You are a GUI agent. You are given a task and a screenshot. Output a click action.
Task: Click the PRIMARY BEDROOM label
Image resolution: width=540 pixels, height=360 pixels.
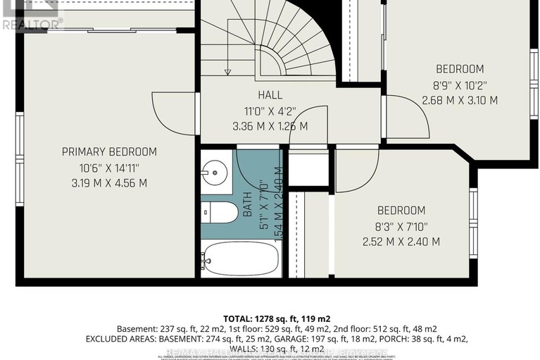[x=109, y=151]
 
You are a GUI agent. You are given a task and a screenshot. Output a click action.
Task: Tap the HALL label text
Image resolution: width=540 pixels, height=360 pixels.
[x=270, y=95]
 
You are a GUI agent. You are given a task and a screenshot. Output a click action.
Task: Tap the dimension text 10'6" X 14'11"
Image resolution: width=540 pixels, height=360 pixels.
[x=109, y=167]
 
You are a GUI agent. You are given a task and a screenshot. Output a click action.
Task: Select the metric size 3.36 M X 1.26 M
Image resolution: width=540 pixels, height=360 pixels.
[x=270, y=126]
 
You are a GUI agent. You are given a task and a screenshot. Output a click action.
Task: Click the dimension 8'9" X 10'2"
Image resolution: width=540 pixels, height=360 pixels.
[x=459, y=85]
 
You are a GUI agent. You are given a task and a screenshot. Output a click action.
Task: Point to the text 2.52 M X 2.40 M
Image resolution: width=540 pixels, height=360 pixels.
[x=401, y=242]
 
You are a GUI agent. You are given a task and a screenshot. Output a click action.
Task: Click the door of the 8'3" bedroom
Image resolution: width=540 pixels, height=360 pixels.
[x=349, y=169]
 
